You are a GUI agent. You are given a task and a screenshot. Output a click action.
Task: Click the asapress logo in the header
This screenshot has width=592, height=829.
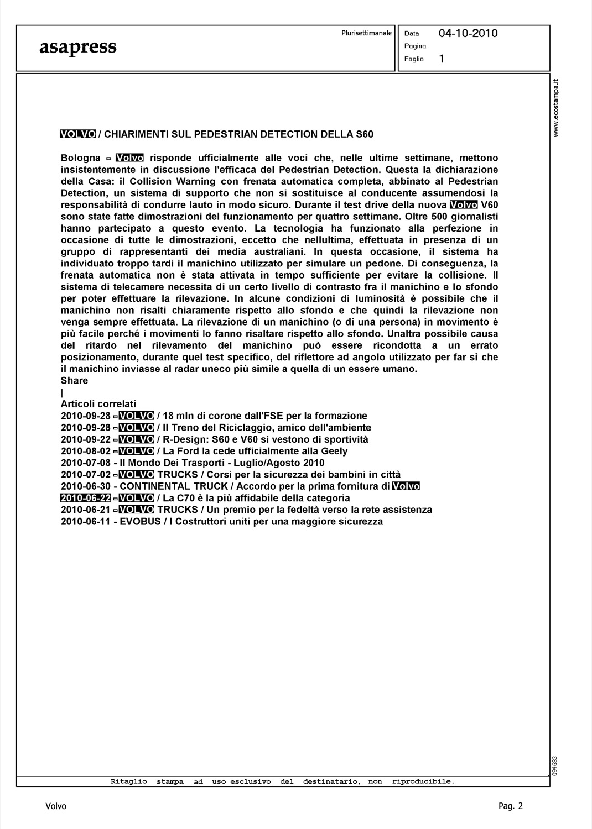77,47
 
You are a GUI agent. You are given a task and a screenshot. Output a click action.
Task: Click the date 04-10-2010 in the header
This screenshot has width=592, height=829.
468,33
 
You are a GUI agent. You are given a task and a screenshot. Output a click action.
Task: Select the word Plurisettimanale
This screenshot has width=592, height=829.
366,33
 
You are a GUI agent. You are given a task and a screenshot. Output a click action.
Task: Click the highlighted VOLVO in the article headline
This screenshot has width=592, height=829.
78,134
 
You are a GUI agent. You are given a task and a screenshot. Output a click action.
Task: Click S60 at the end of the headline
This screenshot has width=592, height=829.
365,134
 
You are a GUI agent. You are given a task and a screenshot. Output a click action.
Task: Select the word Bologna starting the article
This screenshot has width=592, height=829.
80,158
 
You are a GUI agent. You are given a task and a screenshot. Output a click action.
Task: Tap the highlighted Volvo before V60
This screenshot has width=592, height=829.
464,205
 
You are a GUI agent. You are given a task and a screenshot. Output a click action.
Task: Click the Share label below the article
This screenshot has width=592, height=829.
74,381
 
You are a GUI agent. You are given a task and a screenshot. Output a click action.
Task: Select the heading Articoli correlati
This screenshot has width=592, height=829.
98,404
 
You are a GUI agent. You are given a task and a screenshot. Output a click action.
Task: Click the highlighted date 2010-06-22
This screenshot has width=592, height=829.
86,498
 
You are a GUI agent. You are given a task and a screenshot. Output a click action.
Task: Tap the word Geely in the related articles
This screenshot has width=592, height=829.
334,451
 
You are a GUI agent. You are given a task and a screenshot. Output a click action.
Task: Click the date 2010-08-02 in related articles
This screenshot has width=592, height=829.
86,451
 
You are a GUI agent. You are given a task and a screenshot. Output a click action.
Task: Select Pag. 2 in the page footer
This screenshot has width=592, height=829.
511,806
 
